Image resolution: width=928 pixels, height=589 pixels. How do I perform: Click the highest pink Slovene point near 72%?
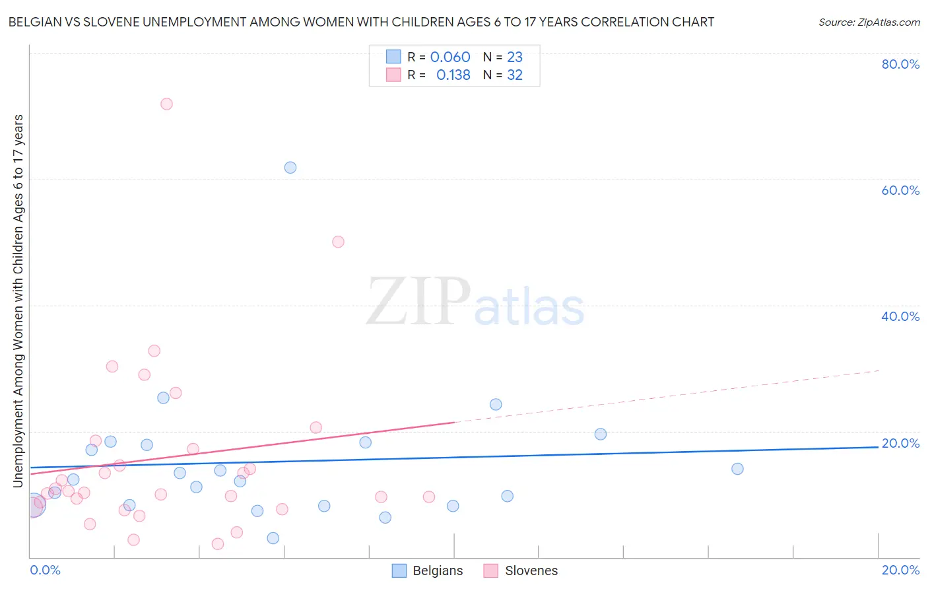click(166, 104)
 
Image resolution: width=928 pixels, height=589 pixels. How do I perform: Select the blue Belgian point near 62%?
click(290, 168)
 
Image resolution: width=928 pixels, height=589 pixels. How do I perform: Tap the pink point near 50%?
click(338, 242)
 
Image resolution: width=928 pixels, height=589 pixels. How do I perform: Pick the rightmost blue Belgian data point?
click(737, 469)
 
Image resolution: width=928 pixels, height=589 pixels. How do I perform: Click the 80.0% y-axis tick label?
click(900, 64)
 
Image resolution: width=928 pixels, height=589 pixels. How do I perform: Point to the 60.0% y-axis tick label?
click(900, 190)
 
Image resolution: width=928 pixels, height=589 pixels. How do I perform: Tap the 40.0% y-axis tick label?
click(900, 316)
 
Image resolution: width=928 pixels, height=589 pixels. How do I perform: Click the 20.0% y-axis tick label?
click(900, 443)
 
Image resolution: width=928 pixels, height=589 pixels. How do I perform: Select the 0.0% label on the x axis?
click(45, 570)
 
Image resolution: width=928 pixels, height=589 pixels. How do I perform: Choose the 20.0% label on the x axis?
click(900, 570)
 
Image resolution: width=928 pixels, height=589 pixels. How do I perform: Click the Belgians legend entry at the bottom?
click(428, 571)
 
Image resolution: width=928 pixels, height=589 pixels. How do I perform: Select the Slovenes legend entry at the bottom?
click(521, 571)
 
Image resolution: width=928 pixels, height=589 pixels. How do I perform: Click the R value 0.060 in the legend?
click(450, 57)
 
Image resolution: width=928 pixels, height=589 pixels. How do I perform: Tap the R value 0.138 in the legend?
click(453, 75)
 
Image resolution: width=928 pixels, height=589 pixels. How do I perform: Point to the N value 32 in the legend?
click(515, 75)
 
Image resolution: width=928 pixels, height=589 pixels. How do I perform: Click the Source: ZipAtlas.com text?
click(869, 22)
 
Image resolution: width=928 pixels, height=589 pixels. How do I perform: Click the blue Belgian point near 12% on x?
click(507, 496)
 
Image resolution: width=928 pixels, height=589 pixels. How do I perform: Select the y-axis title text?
click(18, 300)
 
